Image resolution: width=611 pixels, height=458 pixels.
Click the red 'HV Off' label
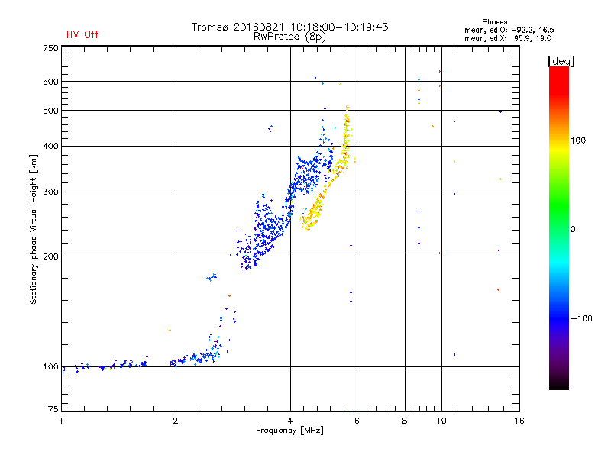[x=82, y=34]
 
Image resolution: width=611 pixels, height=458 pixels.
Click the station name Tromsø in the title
[x=209, y=27]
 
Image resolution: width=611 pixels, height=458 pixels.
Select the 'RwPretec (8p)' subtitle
[x=289, y=37]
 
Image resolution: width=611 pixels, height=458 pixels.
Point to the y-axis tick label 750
[x=50, y=48]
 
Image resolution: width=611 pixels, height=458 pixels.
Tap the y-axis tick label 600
[x=50, y=82]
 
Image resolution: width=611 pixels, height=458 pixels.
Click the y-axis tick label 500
[x=50, y=111]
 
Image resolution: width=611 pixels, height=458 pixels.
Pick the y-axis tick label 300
[x=50, y=192]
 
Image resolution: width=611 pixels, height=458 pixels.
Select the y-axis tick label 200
[x=50, y=256]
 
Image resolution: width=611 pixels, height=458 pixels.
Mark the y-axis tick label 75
[x=53, y=409]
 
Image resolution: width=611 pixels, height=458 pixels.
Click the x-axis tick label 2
[x=176, y=421]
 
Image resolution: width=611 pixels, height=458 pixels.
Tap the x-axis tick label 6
[x=357, y=421]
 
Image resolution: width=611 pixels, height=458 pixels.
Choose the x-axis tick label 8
[x=405, y=421]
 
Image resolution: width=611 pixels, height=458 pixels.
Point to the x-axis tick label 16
[x=519, y=421]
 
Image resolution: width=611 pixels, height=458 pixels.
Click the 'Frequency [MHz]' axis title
[x=289, y=431]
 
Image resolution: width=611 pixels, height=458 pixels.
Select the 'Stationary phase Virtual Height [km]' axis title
[x=34, y=229]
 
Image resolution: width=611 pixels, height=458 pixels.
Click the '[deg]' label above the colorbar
[x=561, y=61]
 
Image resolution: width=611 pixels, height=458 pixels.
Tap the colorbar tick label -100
[x=582, y=318]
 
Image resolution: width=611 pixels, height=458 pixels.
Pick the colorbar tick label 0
[x=573, y=230]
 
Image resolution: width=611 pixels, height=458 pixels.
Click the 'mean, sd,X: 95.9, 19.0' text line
[x=508, y=39]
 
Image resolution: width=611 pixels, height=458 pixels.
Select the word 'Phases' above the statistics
[x=494, y=22]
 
